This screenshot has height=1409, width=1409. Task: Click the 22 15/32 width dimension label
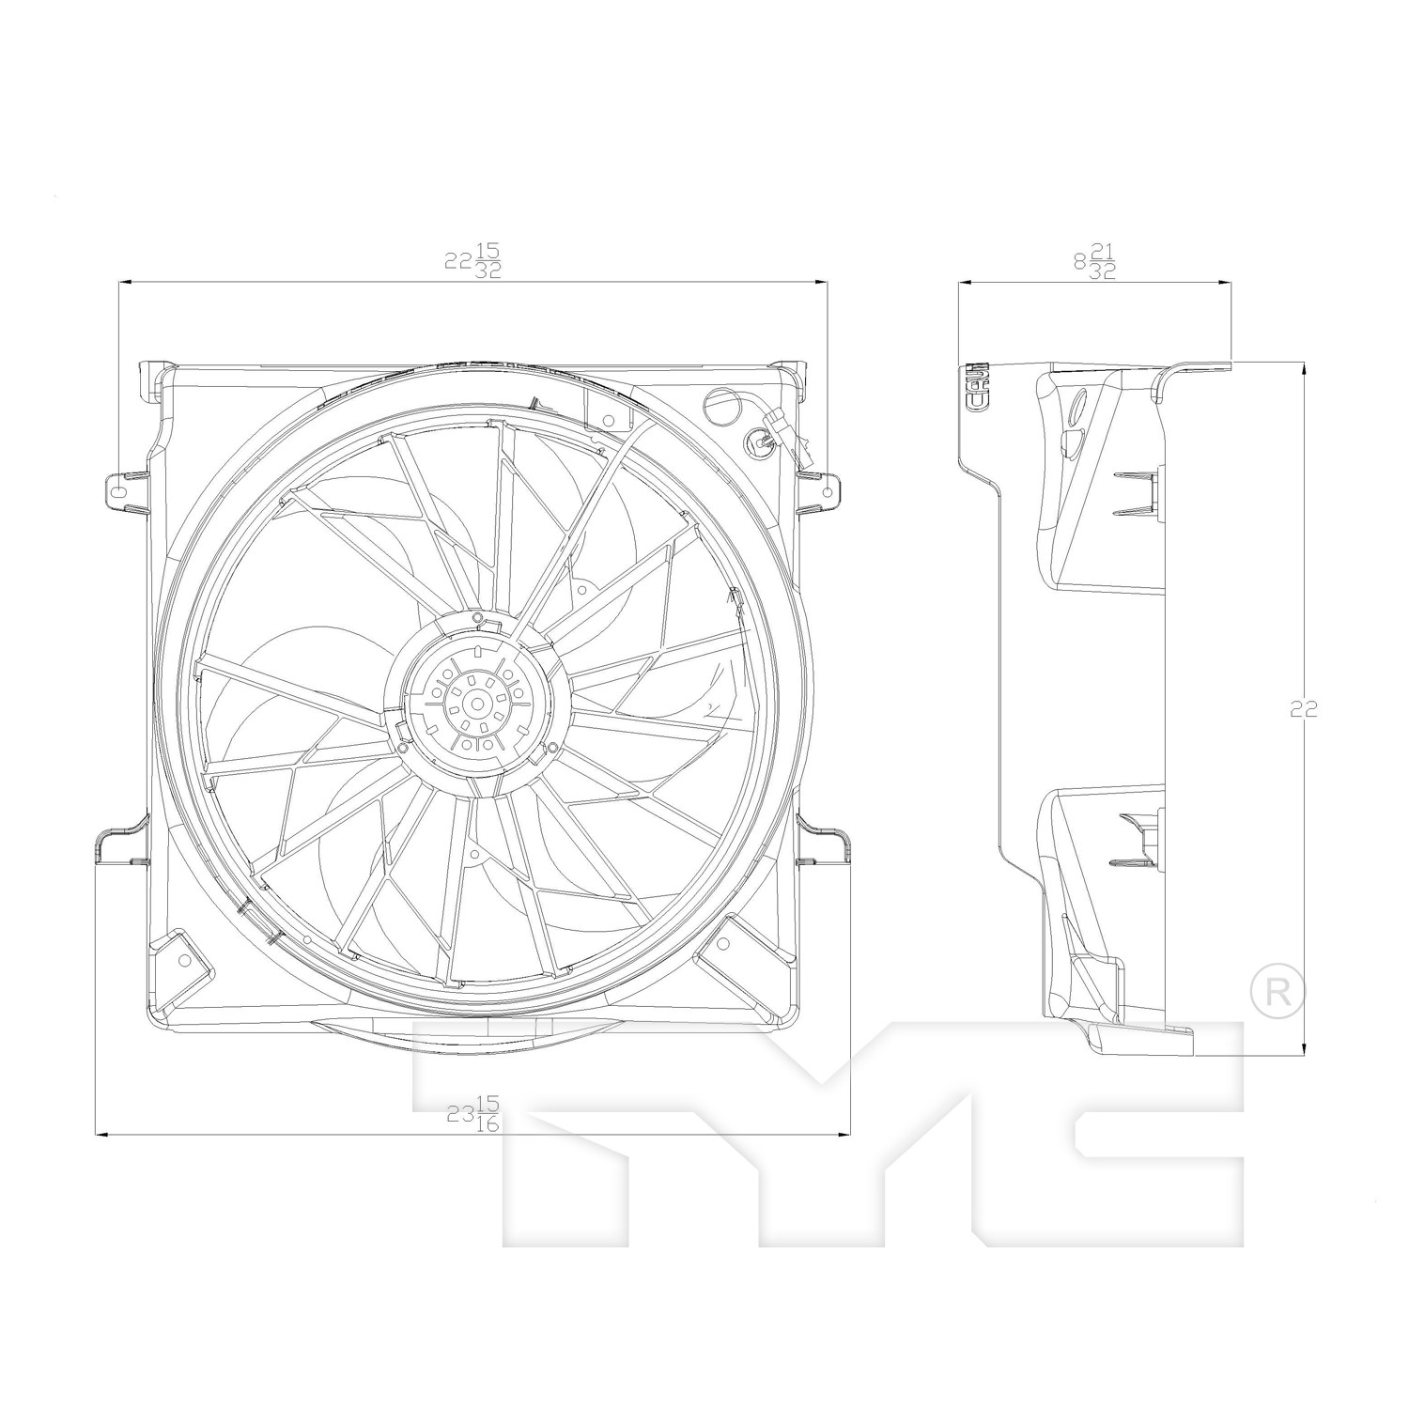click(x=473, y=260)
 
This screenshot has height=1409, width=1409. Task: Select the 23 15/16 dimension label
click(x=473, y=1114)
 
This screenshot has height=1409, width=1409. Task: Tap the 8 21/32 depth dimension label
click(x=1094, y=260)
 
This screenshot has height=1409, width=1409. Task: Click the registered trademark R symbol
click(x=1278, y=992)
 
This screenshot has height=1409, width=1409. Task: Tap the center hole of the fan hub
click(x=477, y=704)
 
